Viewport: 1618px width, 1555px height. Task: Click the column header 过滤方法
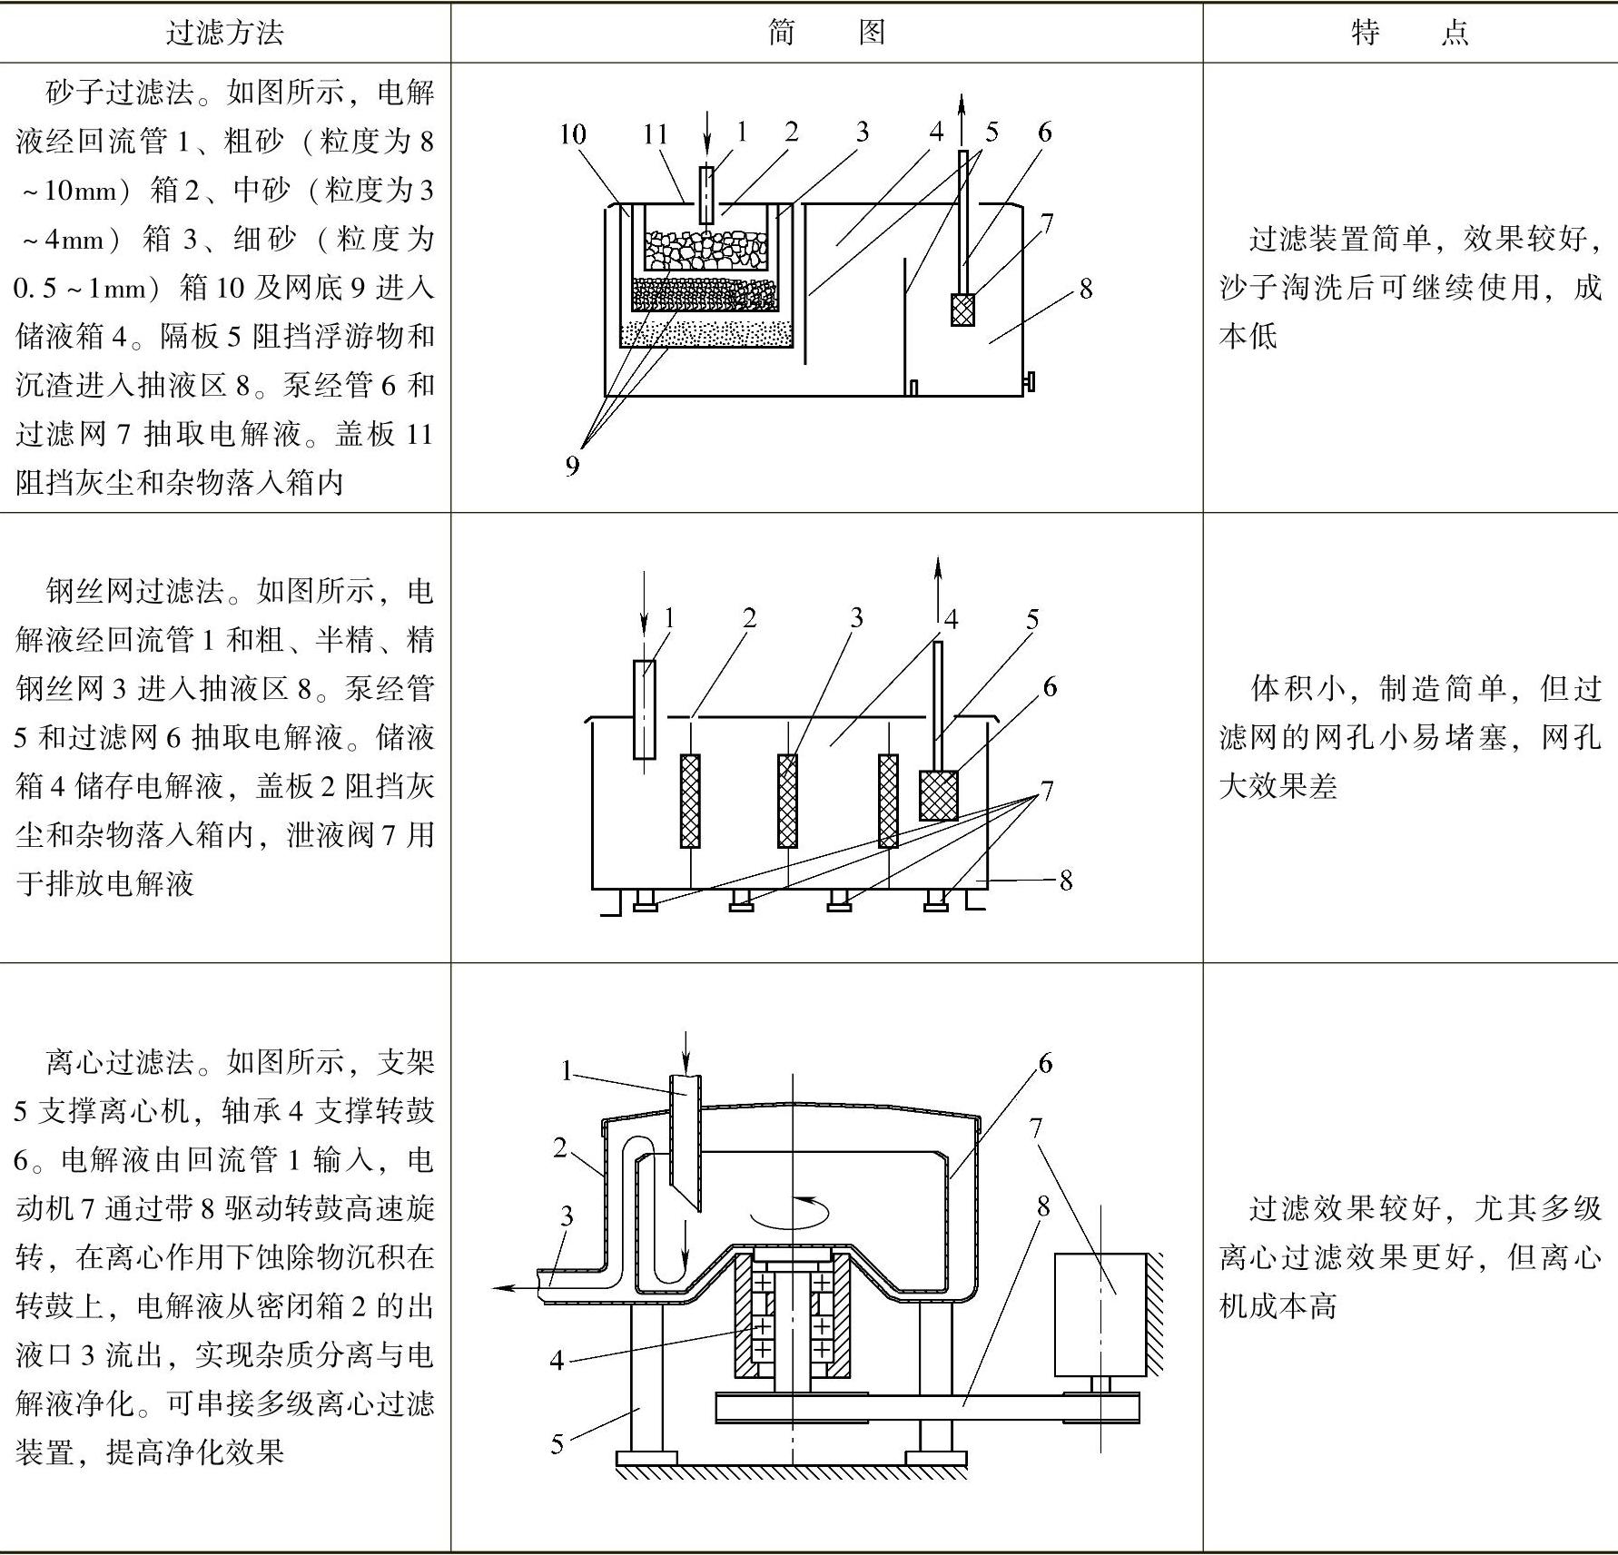224,34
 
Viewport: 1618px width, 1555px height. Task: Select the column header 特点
1409,34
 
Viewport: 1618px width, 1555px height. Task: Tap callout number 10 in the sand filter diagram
572,134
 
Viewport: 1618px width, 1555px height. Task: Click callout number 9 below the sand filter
572,466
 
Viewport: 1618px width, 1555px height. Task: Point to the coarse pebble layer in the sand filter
705,251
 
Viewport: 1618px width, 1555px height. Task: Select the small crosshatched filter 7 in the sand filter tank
962,309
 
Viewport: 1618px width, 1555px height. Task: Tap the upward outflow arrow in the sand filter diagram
963,113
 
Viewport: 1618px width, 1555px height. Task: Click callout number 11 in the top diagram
656,134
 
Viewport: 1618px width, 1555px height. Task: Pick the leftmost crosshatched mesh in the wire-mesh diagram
690,800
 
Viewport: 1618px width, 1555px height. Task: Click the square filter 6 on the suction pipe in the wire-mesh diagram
939,795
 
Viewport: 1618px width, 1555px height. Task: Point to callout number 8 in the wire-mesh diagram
1066,880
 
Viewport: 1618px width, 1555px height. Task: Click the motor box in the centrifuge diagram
1100,1314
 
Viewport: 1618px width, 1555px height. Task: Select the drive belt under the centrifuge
926,1408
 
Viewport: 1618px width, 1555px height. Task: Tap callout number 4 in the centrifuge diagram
557,1360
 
